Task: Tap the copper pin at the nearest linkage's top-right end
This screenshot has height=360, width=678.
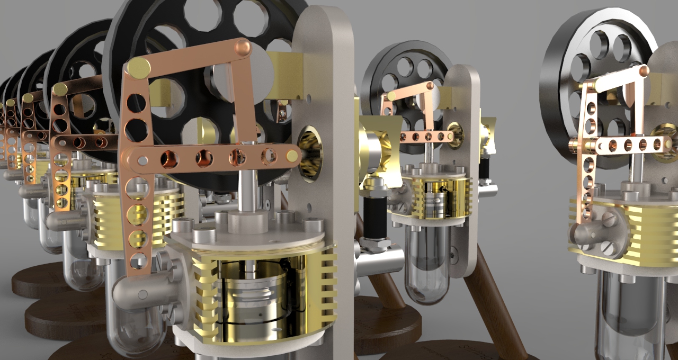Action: (243, 48)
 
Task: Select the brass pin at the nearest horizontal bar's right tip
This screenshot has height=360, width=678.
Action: (292, 156)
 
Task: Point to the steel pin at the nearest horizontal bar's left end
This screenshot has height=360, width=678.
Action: (142, 158)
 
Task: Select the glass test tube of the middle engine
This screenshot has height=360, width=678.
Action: (426, 265)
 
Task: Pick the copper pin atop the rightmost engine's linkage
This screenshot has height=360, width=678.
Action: (644, 70)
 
